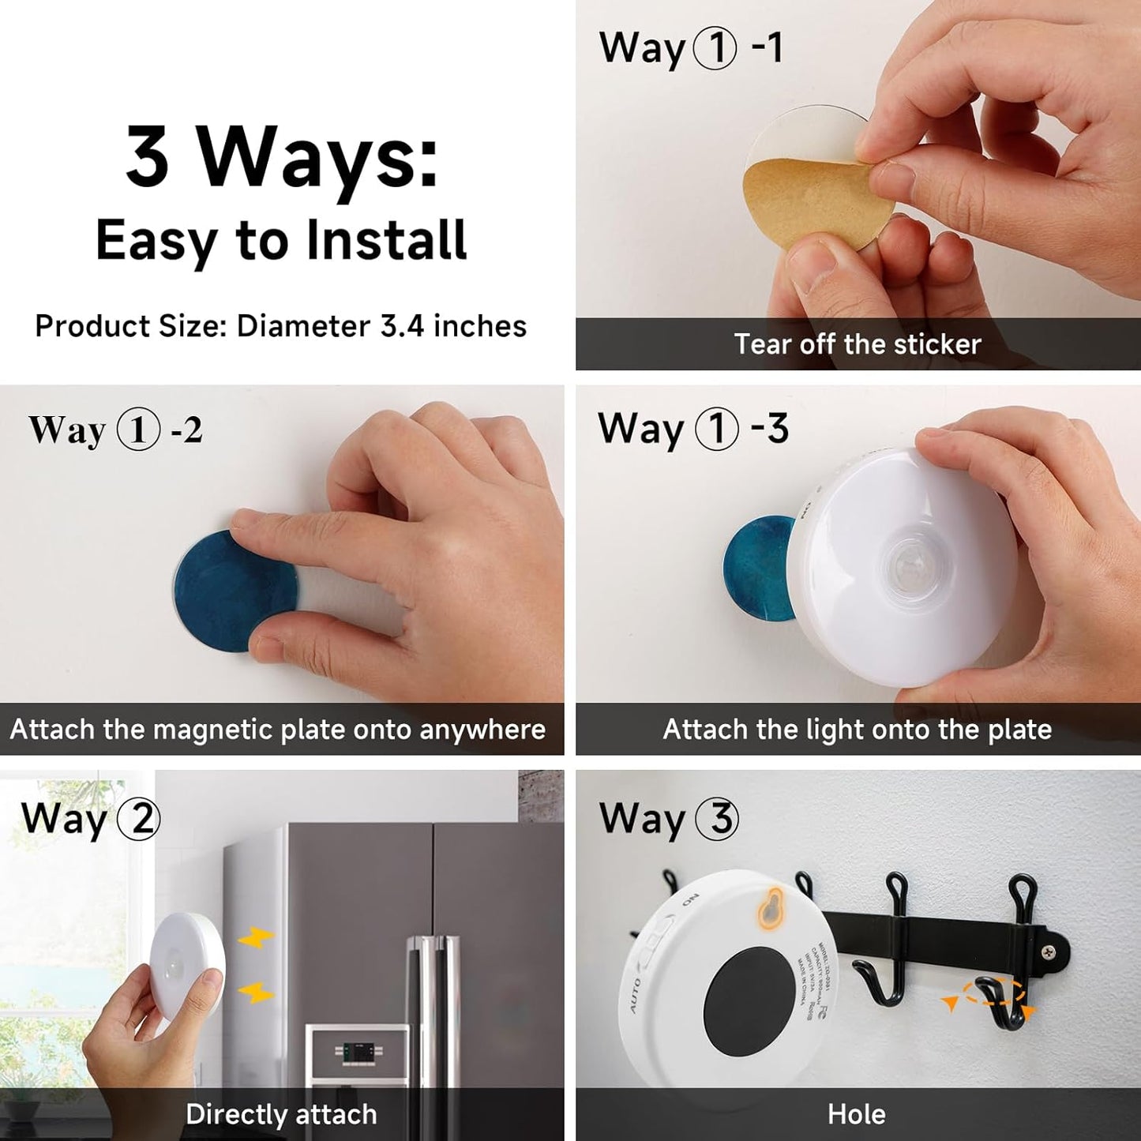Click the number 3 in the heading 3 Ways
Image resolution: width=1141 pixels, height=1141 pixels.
tap(148, 156)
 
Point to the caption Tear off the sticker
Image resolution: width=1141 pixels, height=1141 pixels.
tap(857, 344)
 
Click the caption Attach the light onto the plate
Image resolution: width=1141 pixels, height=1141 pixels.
tap(857, 729)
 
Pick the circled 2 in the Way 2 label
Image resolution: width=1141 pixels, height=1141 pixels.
tap(140, 819)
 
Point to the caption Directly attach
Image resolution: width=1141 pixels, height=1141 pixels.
tap(281, 1114)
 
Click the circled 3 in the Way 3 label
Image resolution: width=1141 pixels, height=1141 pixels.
tap(717, 819)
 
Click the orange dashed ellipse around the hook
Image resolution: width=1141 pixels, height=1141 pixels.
tap(994, 992)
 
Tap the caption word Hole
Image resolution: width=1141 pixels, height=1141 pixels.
tap(857, 1114)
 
